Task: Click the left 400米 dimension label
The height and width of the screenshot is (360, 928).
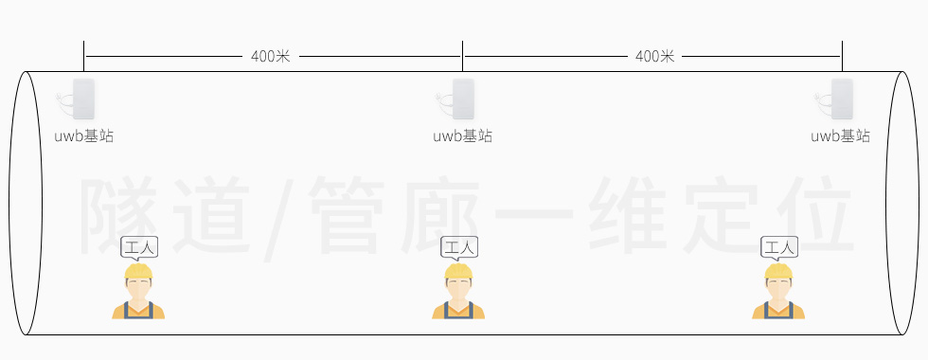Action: [x=271, y=57]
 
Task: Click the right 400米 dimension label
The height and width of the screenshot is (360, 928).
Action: [x=654, y=57]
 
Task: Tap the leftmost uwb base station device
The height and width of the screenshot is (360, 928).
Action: [x=83, y=99]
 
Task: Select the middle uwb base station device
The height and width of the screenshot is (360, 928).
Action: [x=462, y=99]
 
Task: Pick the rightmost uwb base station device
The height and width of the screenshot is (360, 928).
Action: [x=842, y=99]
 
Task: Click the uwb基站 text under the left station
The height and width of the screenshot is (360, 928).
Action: [x=84, y=136]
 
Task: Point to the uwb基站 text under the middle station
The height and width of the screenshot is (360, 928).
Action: [x=463, y=136]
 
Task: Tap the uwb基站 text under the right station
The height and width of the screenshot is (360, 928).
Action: [x=841, y=136]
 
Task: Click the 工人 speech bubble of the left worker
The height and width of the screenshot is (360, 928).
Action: [x=139, y=248]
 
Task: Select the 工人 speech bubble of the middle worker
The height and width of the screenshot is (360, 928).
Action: [x=459, y=248]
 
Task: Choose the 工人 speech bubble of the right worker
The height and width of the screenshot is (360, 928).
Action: [x=779, y=248]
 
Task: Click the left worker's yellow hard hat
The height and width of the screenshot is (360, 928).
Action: [x=139, y=272]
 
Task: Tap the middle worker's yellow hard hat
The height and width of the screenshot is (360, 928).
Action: [x=459, y=272]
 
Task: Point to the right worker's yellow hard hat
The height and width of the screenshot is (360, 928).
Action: [x=779, y=272]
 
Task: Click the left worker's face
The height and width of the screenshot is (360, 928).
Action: [x=139, y=287]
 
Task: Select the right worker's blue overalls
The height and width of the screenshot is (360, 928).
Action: [x=779, y=311]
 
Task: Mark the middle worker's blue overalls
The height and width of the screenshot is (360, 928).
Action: [x=459, y=311]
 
